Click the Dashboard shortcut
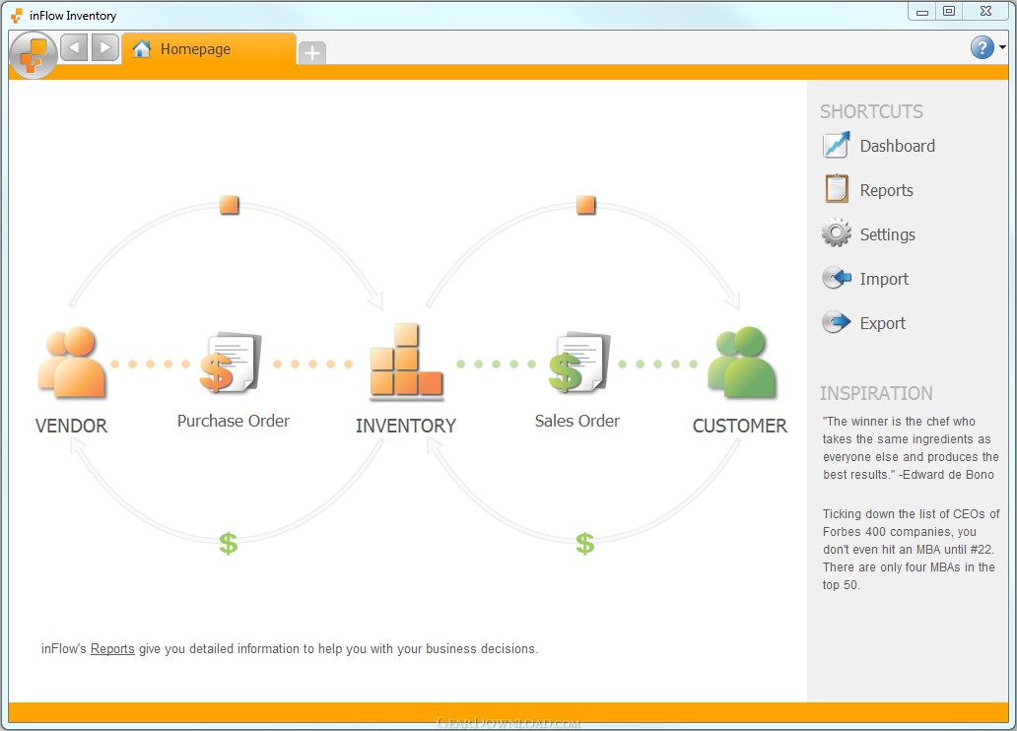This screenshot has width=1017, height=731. (x=879, y=145)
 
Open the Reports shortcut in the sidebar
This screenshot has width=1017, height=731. (x=868, y=189)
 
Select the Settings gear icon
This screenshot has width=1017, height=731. (x=836, y=233)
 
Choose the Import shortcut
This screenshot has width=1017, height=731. (x=865, y=278)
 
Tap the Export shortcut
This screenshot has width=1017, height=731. (x=864, y=322)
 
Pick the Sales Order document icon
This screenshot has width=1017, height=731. (x=579, y=363)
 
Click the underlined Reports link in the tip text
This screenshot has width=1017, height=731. (x=112, y=648)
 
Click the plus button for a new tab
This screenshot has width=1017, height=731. (x=312, y=52)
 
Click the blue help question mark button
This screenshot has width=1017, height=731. (x=982, y=46)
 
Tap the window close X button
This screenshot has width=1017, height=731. (x=985, y=11)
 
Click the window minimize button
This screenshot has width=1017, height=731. (x=922, y=11)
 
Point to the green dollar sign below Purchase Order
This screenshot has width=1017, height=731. (x=229, y=544)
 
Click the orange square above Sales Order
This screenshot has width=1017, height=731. (x=585, y=204)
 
